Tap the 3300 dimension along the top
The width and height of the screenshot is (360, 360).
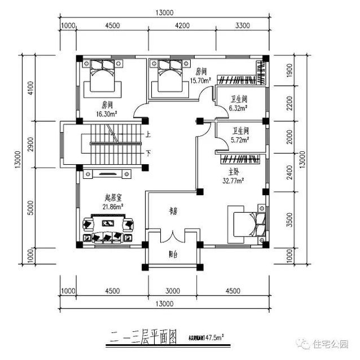click(242, 25)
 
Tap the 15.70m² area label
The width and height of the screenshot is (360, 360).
click(201, 80)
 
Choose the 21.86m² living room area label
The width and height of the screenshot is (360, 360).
click(113, 207)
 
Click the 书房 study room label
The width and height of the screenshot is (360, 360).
click(173, 211)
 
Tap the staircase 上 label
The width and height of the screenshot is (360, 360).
click(148, 135)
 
